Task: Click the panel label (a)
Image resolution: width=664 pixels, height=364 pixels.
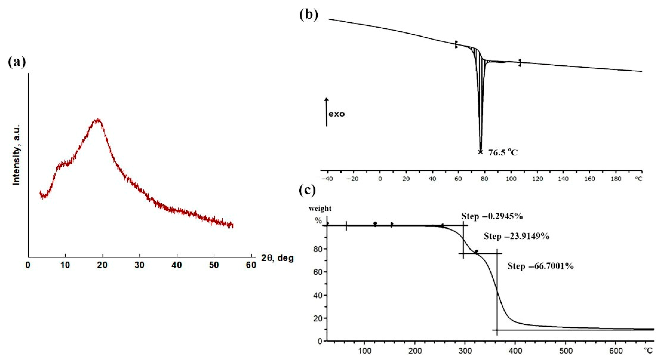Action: (17, 62)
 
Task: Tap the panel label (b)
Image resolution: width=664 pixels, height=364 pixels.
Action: (309, 15)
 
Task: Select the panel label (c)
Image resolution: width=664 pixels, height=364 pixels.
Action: (307, 190)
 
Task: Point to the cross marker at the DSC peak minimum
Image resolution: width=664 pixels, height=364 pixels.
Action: (480, 152)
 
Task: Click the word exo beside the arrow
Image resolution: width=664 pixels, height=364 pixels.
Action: (337, 114)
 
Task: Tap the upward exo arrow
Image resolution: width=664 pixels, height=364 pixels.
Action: (327, 112)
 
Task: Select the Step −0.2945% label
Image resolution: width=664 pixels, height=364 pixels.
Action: (492, 216)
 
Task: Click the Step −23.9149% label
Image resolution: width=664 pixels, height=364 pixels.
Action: (516, 236)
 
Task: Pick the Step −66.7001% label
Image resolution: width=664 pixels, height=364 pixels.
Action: (541, 266)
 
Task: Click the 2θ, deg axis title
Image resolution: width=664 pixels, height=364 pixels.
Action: (277, 258)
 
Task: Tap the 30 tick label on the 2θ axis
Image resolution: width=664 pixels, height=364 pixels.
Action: (139, 265)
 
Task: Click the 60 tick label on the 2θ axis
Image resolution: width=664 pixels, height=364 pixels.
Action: (251, 265)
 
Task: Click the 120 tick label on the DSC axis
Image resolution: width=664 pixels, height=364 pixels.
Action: (537, 179)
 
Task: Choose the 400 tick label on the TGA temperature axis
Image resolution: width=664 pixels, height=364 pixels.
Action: (515, 351)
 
